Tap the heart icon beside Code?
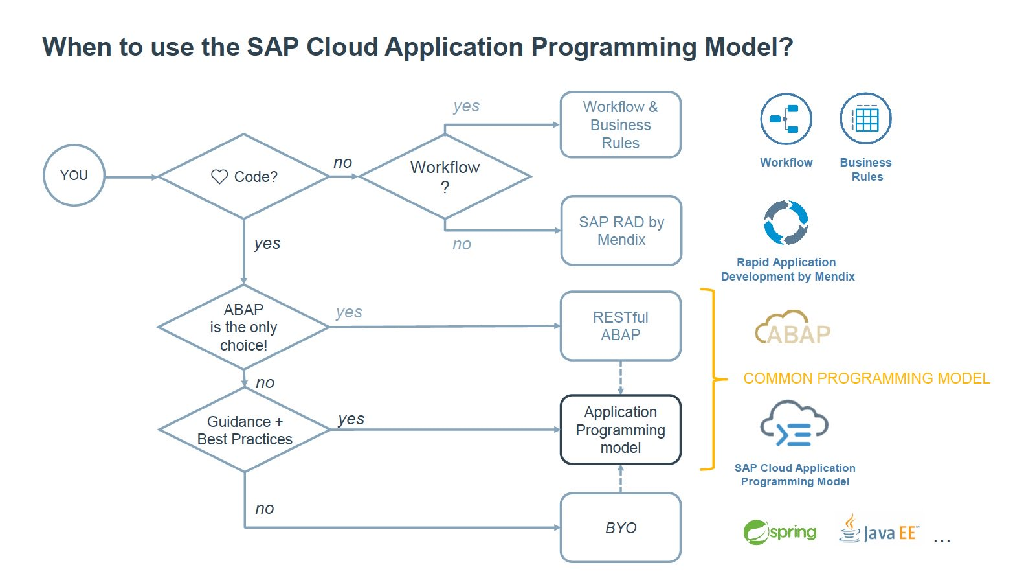(219, 177)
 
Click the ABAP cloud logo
(793, 328)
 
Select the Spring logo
(780, 532)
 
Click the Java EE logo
(878, 529)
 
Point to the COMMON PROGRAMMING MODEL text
(866, 378)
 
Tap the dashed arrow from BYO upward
(620, 479)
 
